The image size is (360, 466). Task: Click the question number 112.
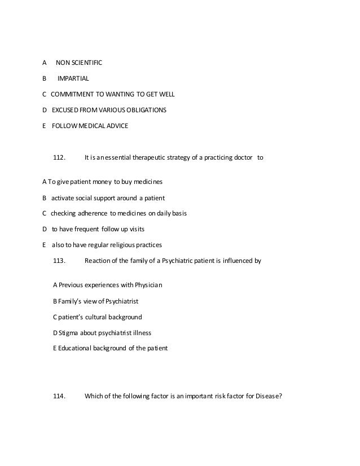59,158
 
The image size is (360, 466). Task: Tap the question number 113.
59,261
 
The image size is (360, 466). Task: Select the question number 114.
59,395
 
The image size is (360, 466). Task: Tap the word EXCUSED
64,109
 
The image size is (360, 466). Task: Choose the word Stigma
67,332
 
